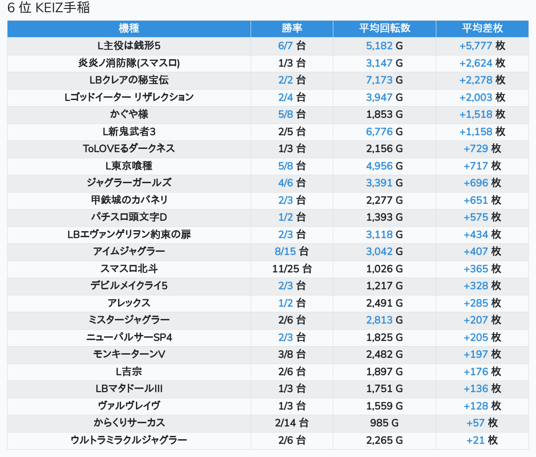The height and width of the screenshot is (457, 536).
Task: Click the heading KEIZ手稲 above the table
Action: coord(49,8)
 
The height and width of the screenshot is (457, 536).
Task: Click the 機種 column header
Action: coord(129,28)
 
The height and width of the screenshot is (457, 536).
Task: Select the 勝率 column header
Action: coord(292,28)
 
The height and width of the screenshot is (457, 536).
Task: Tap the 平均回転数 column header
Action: coord(385,28)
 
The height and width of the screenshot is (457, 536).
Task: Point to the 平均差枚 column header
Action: coord(482,28)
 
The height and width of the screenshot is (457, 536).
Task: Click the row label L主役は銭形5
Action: coord(129,46)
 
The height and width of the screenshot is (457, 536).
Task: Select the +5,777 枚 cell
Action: coord(482,46)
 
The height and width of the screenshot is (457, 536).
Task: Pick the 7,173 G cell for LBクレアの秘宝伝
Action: coord(385,80)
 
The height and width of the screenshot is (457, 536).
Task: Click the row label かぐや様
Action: coord(129,114)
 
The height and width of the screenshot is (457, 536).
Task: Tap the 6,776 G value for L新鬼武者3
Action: coord(385,132)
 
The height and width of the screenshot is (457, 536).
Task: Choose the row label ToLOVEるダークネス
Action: coord(129,148)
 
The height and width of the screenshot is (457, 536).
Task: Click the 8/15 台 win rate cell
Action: coord(292,251)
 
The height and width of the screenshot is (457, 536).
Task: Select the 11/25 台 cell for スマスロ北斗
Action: coord(292,269)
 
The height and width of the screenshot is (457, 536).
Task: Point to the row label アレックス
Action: coord(129,303)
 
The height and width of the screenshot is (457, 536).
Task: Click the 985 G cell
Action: coord(385,423)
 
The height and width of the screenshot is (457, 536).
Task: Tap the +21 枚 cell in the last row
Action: coord(482,440)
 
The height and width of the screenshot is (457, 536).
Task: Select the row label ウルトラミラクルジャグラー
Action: coord(129,440)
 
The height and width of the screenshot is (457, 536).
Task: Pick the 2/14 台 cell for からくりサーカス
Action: coord(292,423)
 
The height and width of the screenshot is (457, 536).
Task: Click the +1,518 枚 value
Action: coord(482,114)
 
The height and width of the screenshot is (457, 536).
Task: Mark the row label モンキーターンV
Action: coord(129,354)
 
